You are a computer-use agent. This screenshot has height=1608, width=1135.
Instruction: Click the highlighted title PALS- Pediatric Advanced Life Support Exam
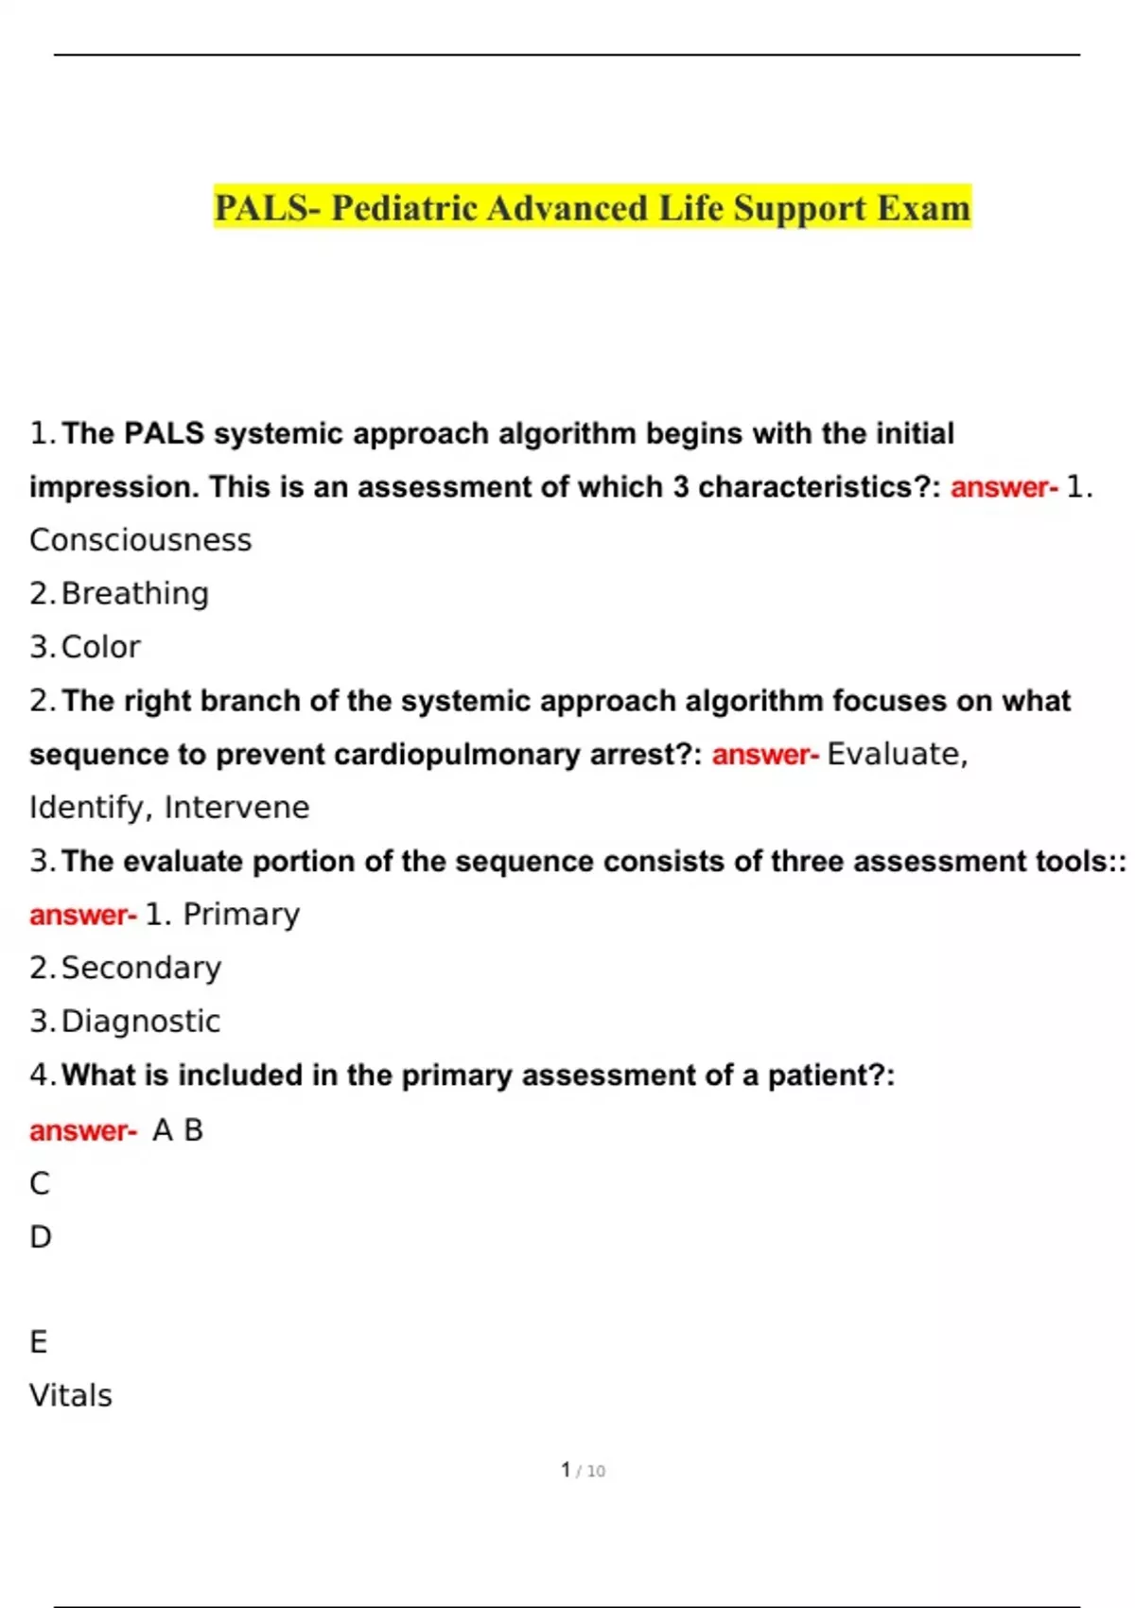click(x=592, y=208)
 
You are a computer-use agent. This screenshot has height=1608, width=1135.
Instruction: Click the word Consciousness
click(x=141, y=540)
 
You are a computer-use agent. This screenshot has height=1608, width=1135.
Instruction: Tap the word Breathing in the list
click(x=134, y=594)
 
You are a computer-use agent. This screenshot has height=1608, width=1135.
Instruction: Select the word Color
click(x=100, y=647)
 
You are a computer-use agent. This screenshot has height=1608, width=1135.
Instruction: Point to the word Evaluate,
click(x=897, y=754)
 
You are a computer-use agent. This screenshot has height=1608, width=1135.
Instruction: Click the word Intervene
click(x=236, y=808)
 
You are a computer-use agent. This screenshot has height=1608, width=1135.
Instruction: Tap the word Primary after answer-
click(x=240, y=915)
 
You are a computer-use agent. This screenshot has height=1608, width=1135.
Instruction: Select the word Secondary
click(x=141, y=968)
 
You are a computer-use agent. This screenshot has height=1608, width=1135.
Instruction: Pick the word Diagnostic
click(x=140, y=1022)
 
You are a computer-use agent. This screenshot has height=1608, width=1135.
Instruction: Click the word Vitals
click(x=71, y=1396)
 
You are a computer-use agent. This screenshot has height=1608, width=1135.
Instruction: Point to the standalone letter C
click(x=40, y=1183)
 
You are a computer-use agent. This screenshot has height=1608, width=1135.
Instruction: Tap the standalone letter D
click(x=41, y=1237)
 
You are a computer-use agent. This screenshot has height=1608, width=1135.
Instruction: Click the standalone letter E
click(x=39, y=1342)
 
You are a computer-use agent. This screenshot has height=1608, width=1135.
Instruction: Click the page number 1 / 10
click(x=583, y=1471)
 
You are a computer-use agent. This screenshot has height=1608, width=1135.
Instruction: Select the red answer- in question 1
click(x=1004, y=487)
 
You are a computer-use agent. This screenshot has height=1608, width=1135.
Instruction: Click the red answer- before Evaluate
click(x=764, y=755)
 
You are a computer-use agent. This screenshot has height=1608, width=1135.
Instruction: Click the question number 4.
click(x=40, y=1075)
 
